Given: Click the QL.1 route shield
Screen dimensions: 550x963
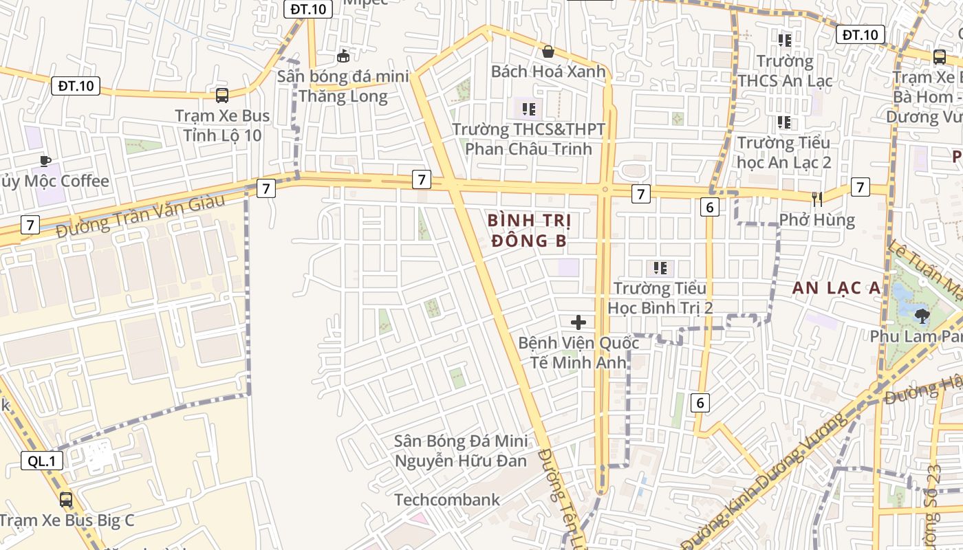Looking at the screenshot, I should [x=42, y=461].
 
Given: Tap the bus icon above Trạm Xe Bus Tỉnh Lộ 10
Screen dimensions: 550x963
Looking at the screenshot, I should [x=221, y=96].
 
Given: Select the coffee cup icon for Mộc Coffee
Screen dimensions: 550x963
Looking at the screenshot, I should [x=45, y=161].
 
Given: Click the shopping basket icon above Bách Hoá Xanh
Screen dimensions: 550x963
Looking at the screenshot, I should [x=548, y=52].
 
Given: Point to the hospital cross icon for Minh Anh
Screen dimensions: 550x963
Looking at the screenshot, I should [x=578, y=322].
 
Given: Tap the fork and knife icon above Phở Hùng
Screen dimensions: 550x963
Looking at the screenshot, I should [x=817, y=199].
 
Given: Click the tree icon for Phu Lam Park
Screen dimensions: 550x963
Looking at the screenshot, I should [x=921, y=316].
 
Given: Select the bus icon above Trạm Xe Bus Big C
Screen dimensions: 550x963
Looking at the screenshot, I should [x=66, y=500].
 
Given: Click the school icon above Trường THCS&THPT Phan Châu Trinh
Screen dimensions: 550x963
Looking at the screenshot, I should [x=528, y=109].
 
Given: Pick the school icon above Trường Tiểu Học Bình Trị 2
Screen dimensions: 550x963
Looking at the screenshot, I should [x=660, y=267].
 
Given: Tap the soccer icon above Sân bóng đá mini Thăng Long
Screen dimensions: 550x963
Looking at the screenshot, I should [x=343, y=56].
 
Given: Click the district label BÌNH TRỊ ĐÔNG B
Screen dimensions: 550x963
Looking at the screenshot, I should [x=528, y=230].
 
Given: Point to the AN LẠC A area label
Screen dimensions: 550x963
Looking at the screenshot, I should [x=836, y=288].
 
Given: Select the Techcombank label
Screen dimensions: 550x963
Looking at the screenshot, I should [x=447, y=500].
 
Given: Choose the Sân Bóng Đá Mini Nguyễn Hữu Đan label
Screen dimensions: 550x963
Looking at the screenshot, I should [x=460, y=450].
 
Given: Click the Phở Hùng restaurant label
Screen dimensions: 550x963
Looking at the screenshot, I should [x=817, y=220].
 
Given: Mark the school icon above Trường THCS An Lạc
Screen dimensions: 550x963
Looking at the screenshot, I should [x=784, y=41].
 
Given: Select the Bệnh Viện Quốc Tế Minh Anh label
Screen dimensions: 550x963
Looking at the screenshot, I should [x=578, y=352].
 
